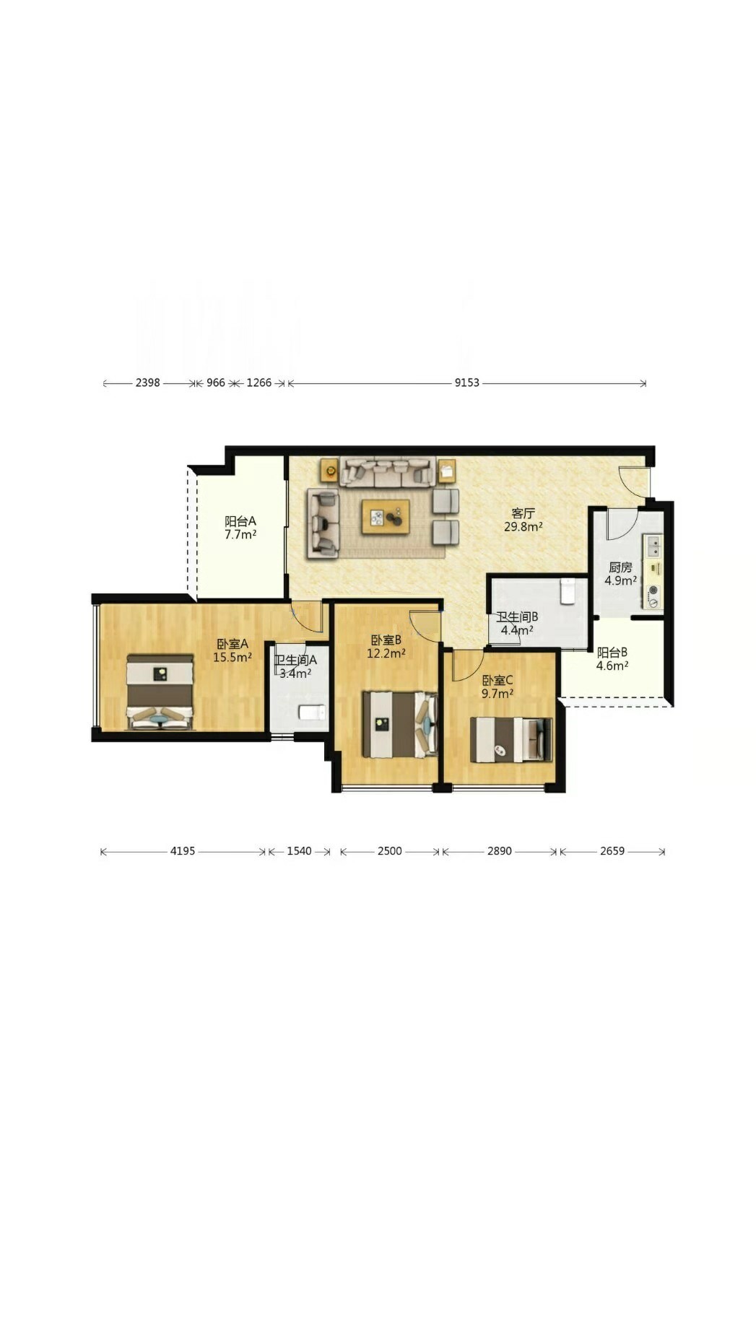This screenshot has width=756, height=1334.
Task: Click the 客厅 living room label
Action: pyautogui.click(x=523, y=513)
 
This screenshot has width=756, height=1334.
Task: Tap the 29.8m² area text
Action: pyautogui.click(x=523, y=527)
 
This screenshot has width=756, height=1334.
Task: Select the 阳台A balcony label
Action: pyautogui.click(x=240, y=521)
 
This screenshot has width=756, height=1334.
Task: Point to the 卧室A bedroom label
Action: pyautogui.click(x=233, y=644)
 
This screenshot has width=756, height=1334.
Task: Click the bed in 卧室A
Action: pyautogui.click(x=160, y=692)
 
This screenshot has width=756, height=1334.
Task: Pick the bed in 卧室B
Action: pyautogui.click(x=400, y=724)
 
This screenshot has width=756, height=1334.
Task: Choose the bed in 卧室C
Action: pyautogui.click(x=510, y=740)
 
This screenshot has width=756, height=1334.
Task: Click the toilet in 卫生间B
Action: pyautogui.click(x=568, y=590)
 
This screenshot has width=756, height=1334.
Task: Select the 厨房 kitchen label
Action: pyautogui.click(x=620, y=567)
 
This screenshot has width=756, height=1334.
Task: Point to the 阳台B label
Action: pyautogui.click(x=612, y=653)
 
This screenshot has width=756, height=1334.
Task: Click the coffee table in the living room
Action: pyautogui.click(x=386, y=516)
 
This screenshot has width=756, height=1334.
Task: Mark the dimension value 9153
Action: pyautogui.click(x=466, y=383)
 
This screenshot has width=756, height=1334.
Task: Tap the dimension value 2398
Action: pyautogui.click(x=147, y=383)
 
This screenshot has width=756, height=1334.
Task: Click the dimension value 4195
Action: pyautogui.click(x=183, y=851)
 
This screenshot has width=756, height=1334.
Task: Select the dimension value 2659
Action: pyautogui.click(x=612, y=851)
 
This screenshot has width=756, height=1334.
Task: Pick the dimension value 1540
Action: pyautogui.click(x=299, y=851)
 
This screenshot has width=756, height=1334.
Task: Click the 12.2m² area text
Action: pyautogui.click(x=386, y=653)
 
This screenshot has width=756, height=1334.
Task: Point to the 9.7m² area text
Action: pyautogui.click(x=498, y=694)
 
